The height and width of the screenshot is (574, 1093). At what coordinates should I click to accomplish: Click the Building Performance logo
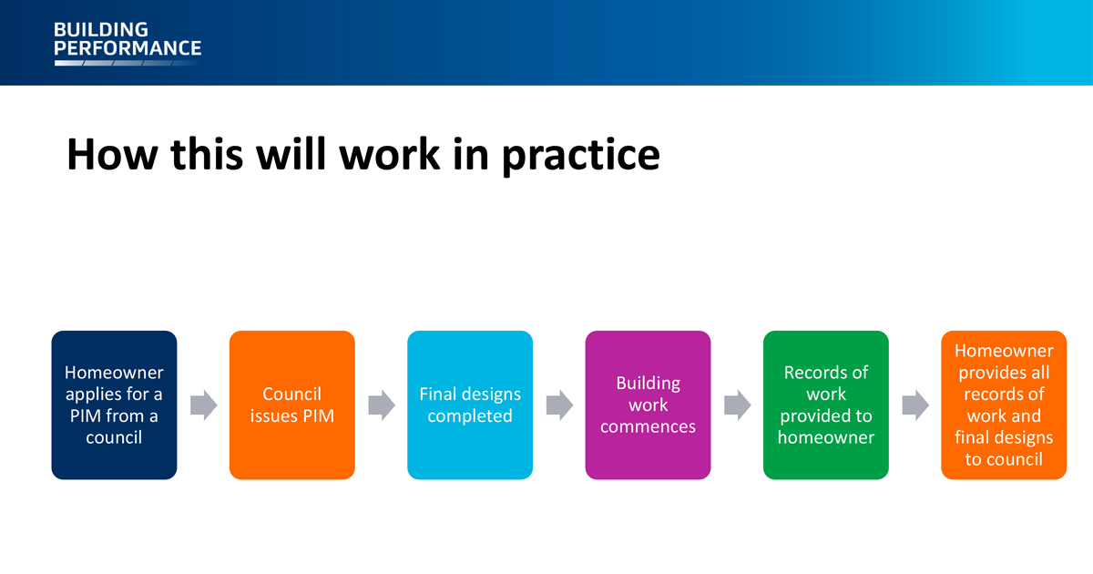tap(128, 43)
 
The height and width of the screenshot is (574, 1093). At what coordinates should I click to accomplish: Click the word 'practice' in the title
tap(581, 156)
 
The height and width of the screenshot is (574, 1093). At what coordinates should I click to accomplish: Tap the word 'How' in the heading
tap(112, 154)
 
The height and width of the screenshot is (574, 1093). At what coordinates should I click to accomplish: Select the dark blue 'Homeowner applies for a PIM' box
tap(114, 405)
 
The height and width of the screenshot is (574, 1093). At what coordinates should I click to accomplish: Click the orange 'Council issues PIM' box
tap(292, 405)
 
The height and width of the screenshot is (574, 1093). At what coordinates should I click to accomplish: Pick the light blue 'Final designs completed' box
tap(470, 405)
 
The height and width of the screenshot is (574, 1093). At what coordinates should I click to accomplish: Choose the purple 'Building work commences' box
tap(648, 405)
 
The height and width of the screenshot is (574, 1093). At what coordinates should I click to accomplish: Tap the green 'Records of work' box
tap(826, 405)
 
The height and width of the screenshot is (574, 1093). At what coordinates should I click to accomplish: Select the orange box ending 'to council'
tap(1004, 405)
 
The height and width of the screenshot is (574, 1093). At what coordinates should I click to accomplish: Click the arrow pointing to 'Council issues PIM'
tap(203, 405)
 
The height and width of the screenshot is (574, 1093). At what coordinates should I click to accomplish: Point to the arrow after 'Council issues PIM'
tap(382, 405)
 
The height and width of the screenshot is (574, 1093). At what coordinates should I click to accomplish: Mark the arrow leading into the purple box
tap(559, 405)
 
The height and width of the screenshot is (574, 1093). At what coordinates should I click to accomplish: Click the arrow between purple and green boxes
tap(737, 405)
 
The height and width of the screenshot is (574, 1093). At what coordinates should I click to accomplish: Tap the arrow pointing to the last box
tap(915, 405)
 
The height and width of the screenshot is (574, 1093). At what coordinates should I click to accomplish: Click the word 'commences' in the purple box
tap(648, 427)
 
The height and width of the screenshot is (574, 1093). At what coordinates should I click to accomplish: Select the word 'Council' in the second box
tap(291, 394)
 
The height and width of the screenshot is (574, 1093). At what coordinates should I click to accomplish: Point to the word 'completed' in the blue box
tap(470, 416)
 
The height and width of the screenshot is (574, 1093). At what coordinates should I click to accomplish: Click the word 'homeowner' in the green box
tap(826, 438)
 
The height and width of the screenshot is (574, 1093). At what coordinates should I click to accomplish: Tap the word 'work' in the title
tap(390, 154)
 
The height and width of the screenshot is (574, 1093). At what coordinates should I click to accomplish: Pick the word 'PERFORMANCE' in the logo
tap(128, 48)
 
